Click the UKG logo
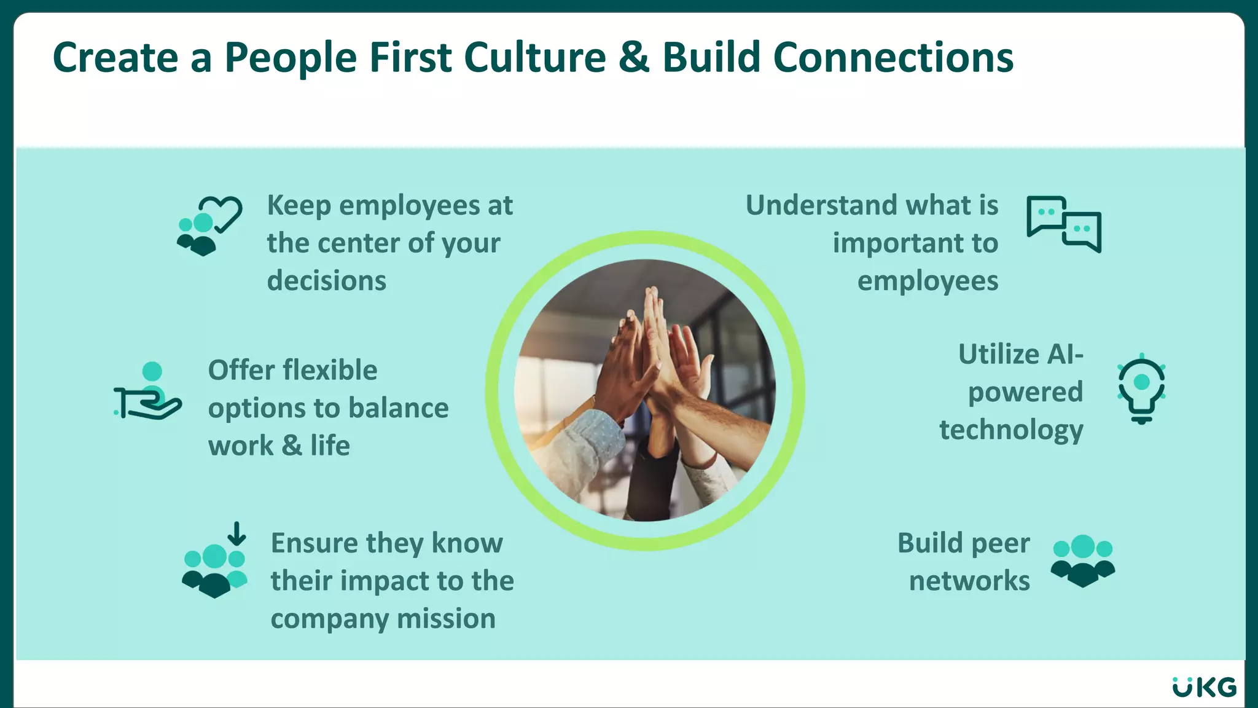click(1204, 687)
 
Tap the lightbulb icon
click(1141, 389)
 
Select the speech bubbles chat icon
click(1063, 224)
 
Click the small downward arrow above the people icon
click(236, 533)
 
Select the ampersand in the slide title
click(634, 58)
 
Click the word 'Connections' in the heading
click(893, 58)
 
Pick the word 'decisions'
click(326, 281)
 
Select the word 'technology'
click(1011, 430)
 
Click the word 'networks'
click(969, 581)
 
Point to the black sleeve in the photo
click(651, 479)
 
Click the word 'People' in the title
click(290, 58)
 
